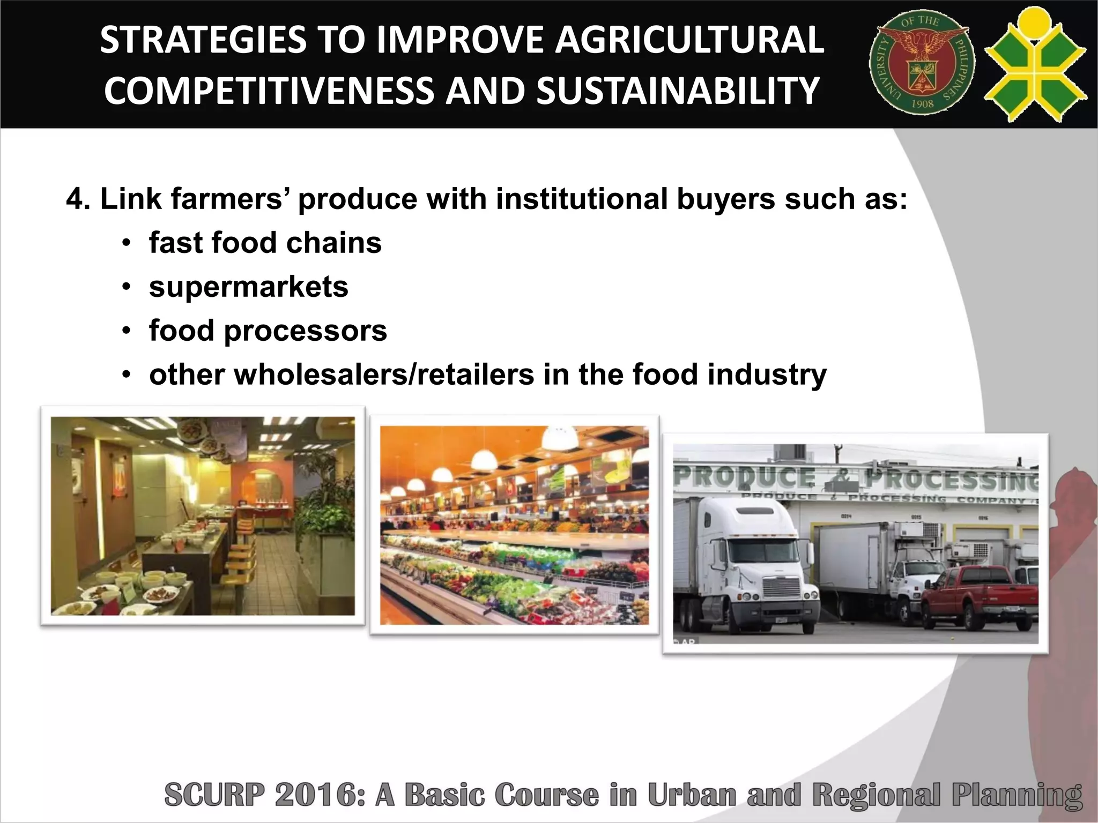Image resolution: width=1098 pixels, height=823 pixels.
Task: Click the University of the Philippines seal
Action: [922, 63]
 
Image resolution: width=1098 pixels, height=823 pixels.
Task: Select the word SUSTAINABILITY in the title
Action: [678, 90]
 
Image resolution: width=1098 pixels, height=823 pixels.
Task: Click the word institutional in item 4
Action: [581, 199]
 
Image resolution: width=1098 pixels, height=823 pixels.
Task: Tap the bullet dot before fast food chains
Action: [126, 244]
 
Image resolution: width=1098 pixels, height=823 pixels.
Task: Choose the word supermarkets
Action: [249, 287]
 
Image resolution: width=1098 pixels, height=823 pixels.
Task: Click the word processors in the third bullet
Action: [306, 331]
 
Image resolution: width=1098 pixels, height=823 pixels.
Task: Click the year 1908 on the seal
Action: [922, 104]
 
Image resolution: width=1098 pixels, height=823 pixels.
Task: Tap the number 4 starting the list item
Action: [75, 199]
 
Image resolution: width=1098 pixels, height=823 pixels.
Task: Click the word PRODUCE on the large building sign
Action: [745, 477]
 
